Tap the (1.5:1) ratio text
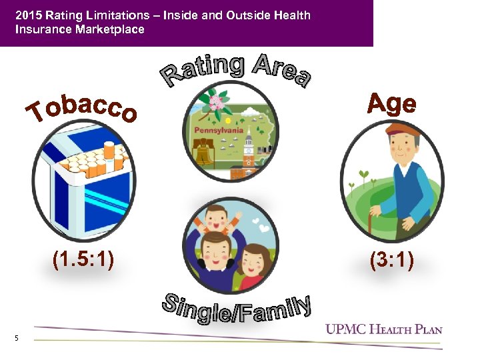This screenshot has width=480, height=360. click(x=83, y=259)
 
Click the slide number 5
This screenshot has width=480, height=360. click(x=16, y=339)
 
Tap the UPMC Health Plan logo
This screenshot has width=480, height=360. click(x=384, y=328)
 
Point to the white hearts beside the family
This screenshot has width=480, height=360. click(x=265, y=229)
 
